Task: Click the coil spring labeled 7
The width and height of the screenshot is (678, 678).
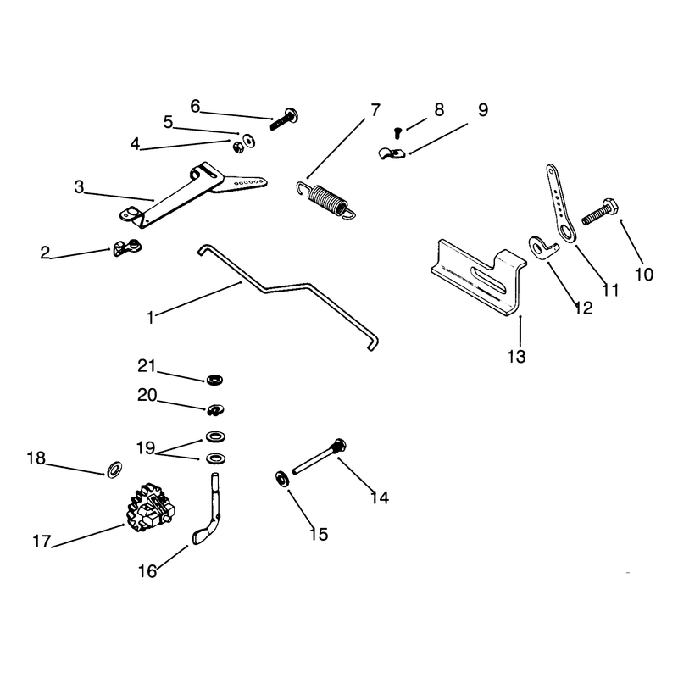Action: pos(326,199)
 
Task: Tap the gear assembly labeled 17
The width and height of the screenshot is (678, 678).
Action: pos(151,507)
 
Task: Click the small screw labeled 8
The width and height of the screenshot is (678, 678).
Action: pos(397,132)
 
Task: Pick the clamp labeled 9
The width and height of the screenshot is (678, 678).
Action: pos(392,153)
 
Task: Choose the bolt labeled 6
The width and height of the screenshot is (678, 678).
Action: pos(285,119)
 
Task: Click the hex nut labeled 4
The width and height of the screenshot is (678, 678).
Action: pos(238,147)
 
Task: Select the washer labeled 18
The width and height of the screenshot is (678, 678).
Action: pos(114,470)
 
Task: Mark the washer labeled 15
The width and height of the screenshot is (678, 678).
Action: pos(283,479)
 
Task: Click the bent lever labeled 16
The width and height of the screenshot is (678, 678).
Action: pos(208,510)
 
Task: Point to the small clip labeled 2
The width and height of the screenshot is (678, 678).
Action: pos(127,247)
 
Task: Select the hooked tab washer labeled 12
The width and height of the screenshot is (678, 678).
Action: pos(542,247)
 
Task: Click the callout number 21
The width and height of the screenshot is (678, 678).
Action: pos(146,366)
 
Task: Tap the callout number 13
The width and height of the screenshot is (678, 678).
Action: pos(516,357)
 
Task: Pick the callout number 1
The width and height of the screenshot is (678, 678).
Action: pos(150,318)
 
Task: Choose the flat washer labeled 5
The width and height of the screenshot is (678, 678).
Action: pos(249,141)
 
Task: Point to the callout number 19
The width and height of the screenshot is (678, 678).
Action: pos(146,447)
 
